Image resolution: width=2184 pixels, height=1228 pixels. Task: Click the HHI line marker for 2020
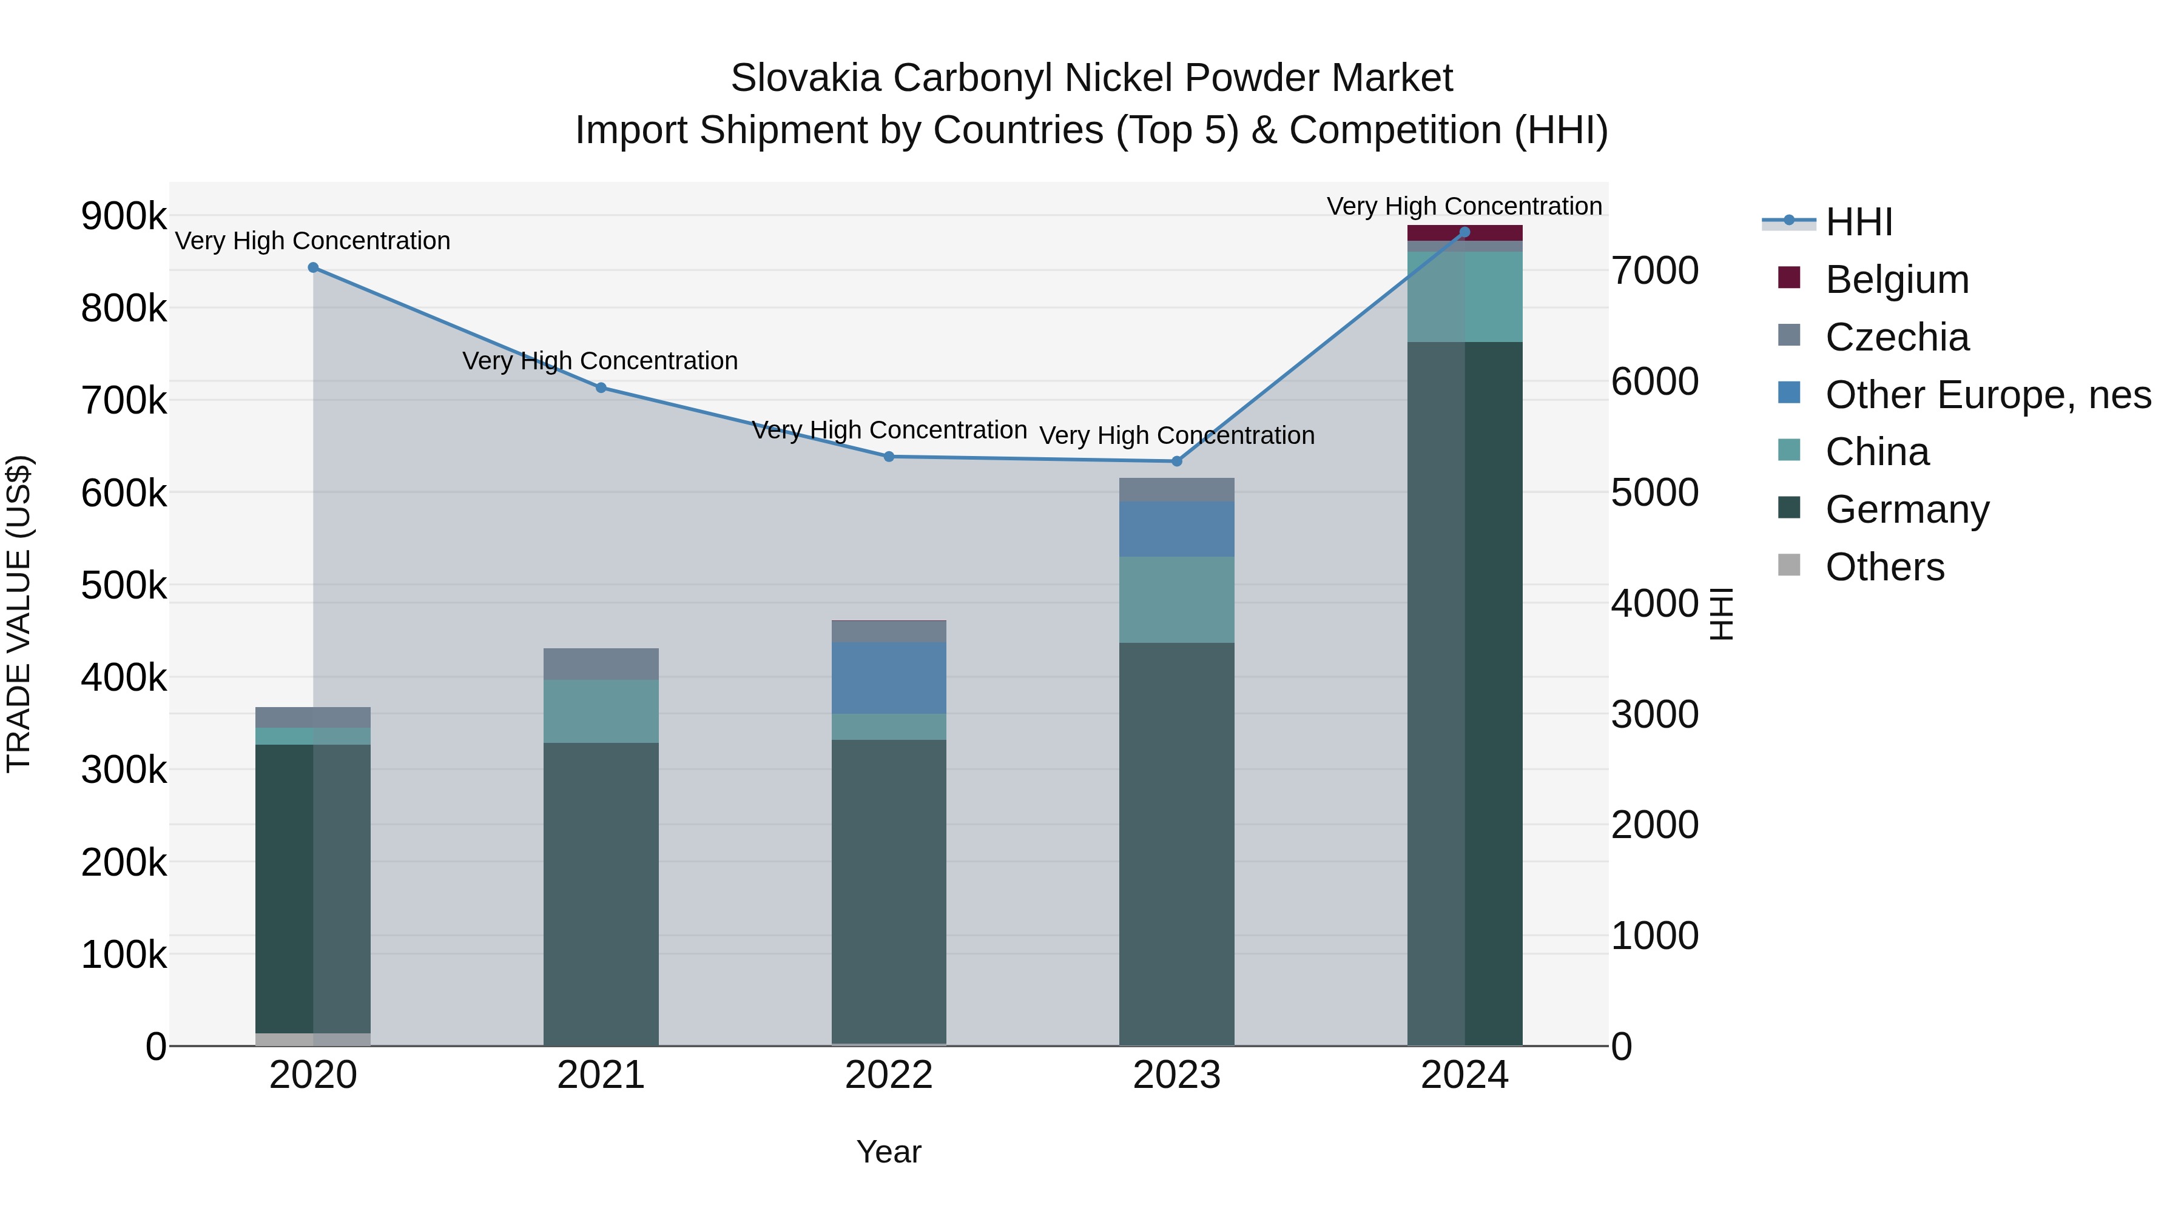(x=313, y=268)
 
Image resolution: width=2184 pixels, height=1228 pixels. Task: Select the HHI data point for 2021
(x=601, y=388)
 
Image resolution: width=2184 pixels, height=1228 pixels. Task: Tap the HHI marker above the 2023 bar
(x=1177, y=462)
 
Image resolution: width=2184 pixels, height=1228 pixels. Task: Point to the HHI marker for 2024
(x=1464, y=232)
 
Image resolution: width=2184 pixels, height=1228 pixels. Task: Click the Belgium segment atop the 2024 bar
(x=1464, y=233)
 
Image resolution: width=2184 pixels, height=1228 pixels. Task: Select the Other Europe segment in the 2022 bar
(x=889, y=678)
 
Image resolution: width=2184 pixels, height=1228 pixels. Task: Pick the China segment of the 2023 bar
(x=1177, y=600)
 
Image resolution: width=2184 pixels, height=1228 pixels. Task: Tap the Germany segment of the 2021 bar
(x=601, y=894)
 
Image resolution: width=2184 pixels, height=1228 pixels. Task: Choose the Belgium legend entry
(x=1896, y=280)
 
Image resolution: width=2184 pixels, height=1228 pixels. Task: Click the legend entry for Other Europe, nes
(x=1987, y=395)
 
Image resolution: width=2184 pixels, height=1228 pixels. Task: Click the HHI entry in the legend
(x=1858, y=222)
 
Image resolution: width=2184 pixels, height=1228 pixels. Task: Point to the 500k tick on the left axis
(x=124, y=586)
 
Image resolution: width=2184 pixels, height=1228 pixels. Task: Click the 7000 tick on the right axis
(x=1655, y=271)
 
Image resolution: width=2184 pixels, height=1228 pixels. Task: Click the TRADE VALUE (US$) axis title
(x=19, y=614)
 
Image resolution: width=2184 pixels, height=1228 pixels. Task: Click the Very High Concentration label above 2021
(x=600, y=361)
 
